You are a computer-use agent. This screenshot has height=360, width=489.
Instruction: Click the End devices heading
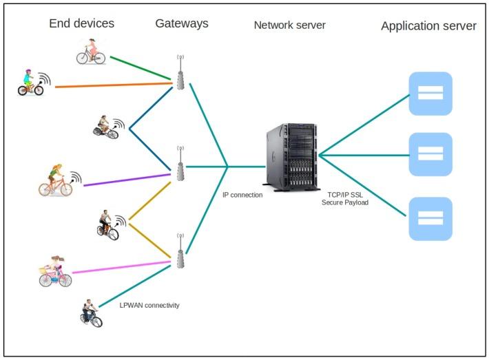pos(81,24)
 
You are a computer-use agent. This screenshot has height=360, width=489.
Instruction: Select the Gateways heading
pos(182,24)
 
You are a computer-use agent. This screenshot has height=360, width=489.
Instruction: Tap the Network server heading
pos(289,25)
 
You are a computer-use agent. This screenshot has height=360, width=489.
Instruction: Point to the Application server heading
pos(428,26)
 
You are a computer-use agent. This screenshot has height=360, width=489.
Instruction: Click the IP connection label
pos(242,195)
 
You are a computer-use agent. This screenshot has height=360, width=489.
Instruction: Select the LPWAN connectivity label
pos(149,305)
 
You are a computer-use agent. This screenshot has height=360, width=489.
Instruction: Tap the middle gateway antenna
pos(180,163)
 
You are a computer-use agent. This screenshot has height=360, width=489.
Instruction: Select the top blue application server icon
pos(430,94)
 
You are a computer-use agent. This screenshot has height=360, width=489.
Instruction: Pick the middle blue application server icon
pos(430,154)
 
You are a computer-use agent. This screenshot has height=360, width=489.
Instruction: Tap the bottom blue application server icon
pos(430,218)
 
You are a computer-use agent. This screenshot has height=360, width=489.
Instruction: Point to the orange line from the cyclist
pos(110,86)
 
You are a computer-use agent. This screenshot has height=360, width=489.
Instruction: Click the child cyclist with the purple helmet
pos(29,83)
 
